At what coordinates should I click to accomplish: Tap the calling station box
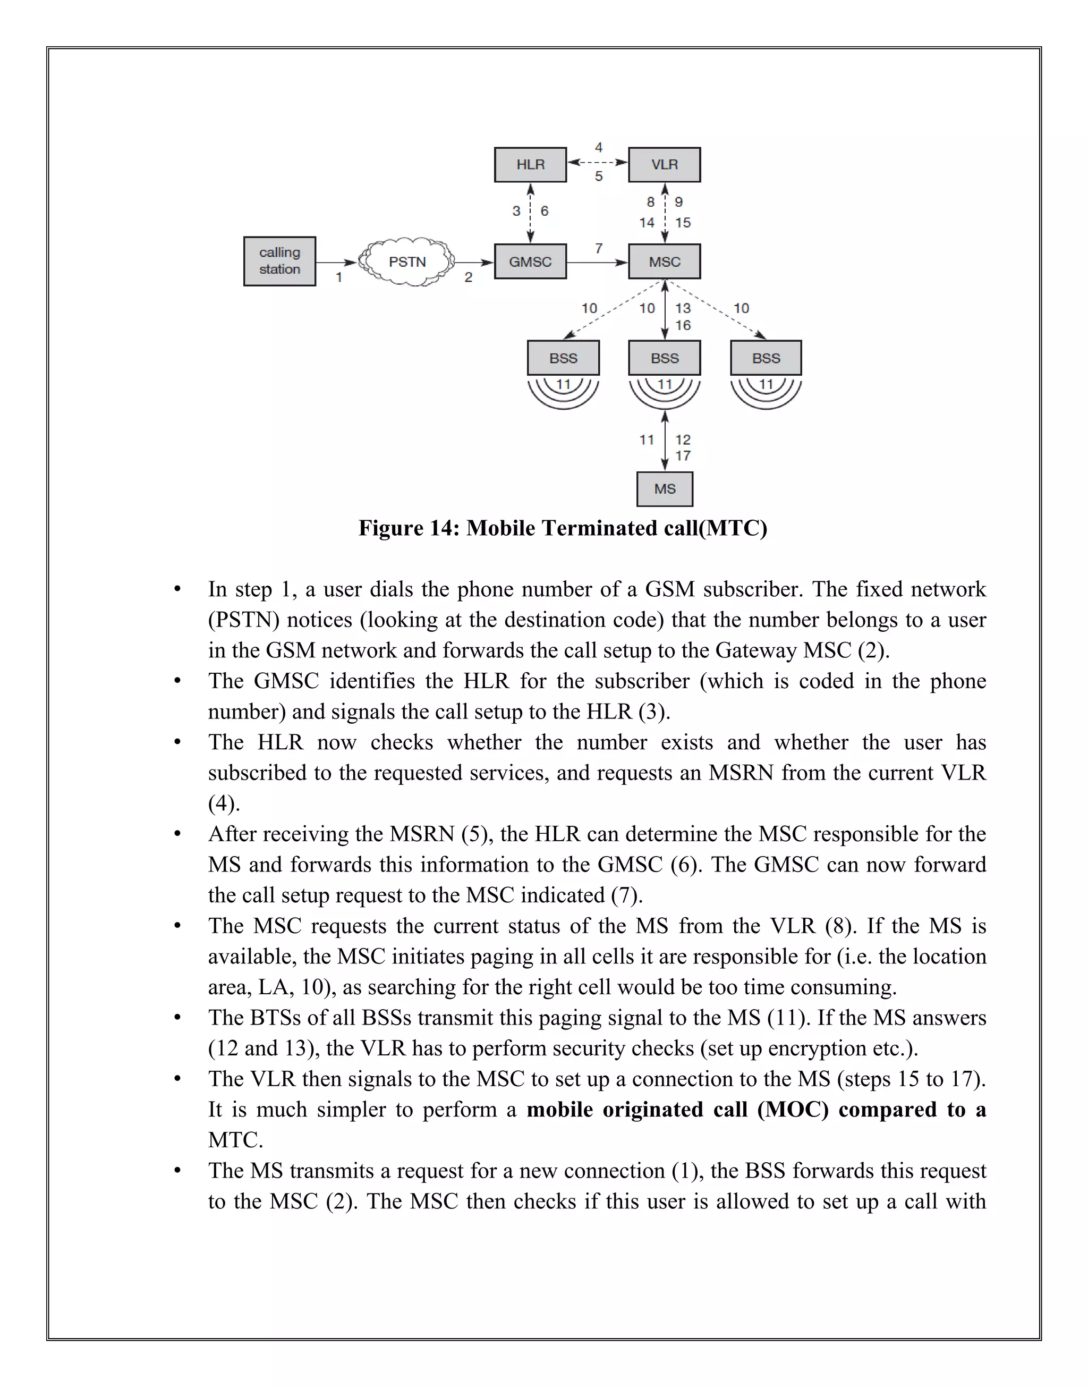point(279,261)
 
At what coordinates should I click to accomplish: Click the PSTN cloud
point(407,262)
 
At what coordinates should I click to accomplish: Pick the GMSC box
point(530,262)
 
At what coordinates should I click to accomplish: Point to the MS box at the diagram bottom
point(665,489)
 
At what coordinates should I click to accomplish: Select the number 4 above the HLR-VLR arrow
point(599,148)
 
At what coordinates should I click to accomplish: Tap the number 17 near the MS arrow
point(683,455)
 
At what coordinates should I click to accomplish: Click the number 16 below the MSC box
point(683,326)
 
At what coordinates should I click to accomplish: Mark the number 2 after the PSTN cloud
point(468,277)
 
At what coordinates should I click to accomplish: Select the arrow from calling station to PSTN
point(336,263)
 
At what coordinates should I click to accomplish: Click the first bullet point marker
point(178,590)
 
